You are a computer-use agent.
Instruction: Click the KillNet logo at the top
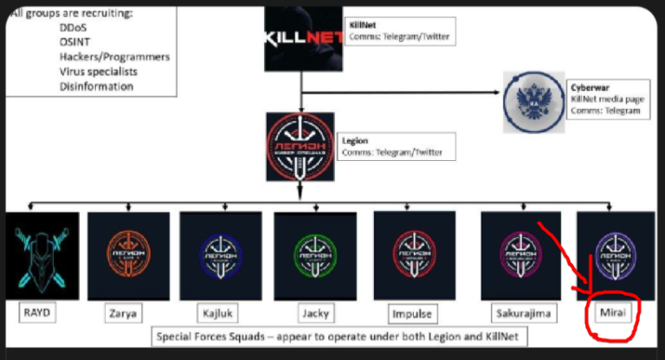click(x=301, y=37)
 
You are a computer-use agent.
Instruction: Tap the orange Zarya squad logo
click(x=128, y=256)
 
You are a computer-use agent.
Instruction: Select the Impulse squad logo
click(x=413, y=254)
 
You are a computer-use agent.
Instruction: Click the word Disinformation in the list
click(x=96, y=87)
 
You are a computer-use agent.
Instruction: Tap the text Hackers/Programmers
click(x=114, y=57)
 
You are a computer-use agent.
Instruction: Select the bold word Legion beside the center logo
click(x=355, y=139)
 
